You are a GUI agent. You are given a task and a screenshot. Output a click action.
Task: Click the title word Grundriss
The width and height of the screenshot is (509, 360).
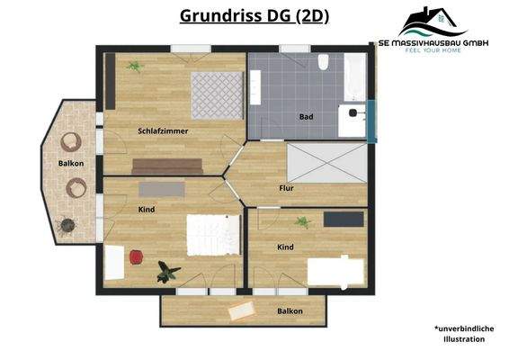[x=216, y=16]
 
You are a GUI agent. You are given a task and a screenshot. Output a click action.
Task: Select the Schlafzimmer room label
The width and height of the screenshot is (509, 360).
[x=163, y=131]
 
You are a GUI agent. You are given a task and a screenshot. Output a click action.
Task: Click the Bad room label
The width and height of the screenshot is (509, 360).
[x=306, y=117]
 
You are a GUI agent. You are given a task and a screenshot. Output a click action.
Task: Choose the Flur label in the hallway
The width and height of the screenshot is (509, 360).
[x=287, y=188]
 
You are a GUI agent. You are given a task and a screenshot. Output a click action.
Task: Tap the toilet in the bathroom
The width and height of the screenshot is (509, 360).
[x=323, y=62]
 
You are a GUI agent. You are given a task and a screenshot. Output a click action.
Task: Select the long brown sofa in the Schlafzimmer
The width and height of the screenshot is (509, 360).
[x=167, y=166]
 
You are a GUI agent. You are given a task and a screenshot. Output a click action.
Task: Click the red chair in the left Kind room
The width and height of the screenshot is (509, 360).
[x=135, y=256]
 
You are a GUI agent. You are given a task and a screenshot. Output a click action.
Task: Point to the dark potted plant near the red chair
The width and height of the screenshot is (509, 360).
[x=165, y=271]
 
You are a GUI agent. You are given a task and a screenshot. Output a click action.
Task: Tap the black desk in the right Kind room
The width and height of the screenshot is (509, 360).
[x=344, y=218]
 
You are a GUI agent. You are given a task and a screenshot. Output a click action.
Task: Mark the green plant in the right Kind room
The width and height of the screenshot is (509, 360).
[x=303, y=222]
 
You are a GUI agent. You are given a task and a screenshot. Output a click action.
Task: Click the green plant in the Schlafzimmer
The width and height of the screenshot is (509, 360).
[x=135, y=66]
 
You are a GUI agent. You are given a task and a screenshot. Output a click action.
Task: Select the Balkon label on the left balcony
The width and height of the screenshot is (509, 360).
[x=71, y=163]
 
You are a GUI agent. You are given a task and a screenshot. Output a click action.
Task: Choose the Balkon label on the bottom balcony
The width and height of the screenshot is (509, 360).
[x=290, y=311]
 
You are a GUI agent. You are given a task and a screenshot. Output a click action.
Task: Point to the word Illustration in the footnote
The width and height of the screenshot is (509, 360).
[x=464, y=339]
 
